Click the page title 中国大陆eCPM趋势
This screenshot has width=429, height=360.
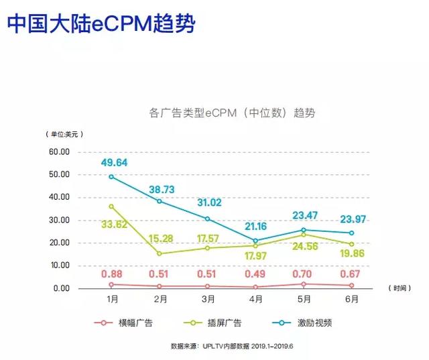(x=101, y=24)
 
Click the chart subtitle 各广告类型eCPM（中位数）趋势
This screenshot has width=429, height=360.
(x=232, y=113)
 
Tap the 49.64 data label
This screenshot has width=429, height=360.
(x=113, y=162)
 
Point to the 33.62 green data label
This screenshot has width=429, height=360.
(x=114, y=225)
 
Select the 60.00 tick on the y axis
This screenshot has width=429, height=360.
(x=59, y=152)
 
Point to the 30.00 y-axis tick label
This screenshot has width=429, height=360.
(x=59, y=220)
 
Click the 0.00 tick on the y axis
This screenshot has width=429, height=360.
(x=61, y=288)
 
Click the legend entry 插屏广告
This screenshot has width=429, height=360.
(x=233, y=323)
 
